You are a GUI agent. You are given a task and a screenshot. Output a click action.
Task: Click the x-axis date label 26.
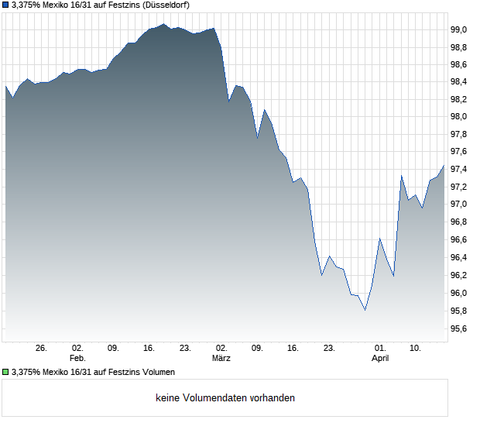tap(42, 349)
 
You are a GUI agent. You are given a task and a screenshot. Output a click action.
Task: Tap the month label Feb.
tap(77, 359)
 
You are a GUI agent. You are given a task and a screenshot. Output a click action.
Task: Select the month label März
tap(221, 359)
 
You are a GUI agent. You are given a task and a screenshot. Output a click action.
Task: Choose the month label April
tap(380, 359)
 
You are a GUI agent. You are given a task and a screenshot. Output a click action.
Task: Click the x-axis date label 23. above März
tap(185, 349)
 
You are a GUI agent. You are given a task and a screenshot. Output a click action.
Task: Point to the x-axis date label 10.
tap(416, 349)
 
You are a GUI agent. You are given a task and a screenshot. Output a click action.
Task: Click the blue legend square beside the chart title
tap(5, 5)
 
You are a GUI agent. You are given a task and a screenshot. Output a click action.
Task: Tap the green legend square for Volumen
tap(5, 372)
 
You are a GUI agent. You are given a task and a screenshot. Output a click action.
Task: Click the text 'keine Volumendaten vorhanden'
tap(225, 398)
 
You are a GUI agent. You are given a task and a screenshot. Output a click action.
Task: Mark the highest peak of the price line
tap(163, 24)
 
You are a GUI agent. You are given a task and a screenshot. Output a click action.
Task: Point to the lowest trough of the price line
tap(365, 310)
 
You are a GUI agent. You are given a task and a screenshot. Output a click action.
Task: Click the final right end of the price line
tap(444, 164)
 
